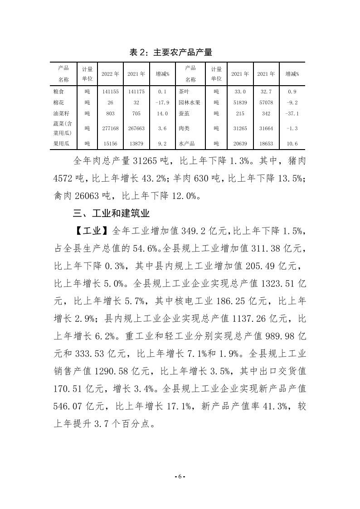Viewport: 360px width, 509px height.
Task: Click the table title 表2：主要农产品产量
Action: [171, 52]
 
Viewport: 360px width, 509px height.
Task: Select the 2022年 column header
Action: [110, 73]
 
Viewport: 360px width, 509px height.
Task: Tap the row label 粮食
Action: [59, 91]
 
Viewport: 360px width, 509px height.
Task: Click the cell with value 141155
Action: [110, 91]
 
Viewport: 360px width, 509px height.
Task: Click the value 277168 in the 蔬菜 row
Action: [110, 128]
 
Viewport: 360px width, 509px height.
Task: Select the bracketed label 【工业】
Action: [91, 231]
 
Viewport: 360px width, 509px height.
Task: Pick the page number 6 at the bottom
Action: [180, 477]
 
